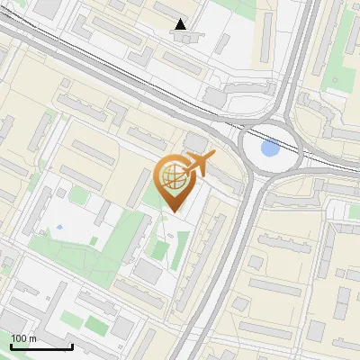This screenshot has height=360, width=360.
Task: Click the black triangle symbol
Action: coord(181,24)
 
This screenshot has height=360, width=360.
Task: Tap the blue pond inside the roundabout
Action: coord(269,147)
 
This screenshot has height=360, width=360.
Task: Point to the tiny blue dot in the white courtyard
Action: coord(59,228)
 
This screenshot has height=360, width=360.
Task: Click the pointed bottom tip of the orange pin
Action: coord(174,211)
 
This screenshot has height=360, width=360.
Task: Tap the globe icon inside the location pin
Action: coord(173,177)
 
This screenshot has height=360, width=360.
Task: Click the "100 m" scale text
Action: coord(24,338)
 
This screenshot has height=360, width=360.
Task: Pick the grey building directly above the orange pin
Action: coord(195,143)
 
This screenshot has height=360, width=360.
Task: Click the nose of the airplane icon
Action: coord(214,157)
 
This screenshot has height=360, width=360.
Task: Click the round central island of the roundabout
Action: coord(268,147)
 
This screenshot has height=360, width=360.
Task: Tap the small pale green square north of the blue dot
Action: coord(79,195)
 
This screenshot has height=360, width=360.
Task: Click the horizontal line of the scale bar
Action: coord(41,346)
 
